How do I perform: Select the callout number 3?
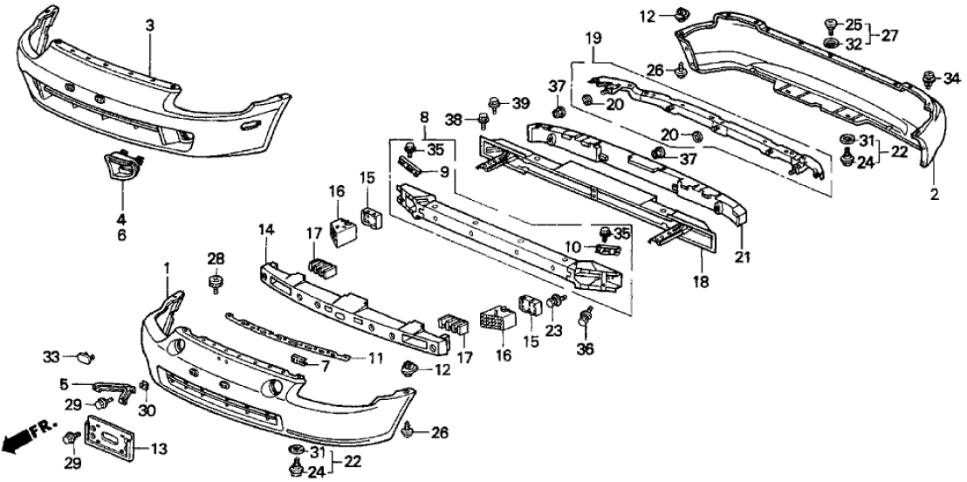tap(150, 26)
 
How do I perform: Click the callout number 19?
tap(593, 39)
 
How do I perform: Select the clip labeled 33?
tap(85, 356)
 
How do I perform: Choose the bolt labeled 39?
tap(494, 104)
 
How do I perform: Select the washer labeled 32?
tap(830, 43)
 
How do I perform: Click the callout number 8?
tap(424, 116)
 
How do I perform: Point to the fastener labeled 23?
tap(553, 302)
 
